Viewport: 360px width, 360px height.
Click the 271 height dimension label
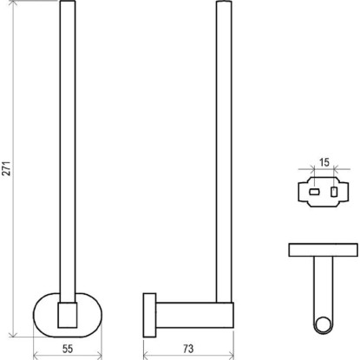click(x=7, y=168)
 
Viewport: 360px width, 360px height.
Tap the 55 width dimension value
click(x=68, y=349)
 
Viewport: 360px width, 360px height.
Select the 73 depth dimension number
click(x=188, y=349)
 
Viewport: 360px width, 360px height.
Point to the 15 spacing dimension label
click(x=324, y=162)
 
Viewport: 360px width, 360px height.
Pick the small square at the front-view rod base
click(x=68, y=315)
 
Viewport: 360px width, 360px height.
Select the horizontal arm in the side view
click(x=194, y=315)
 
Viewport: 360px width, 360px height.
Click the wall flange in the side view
click(x=149, y=315)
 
